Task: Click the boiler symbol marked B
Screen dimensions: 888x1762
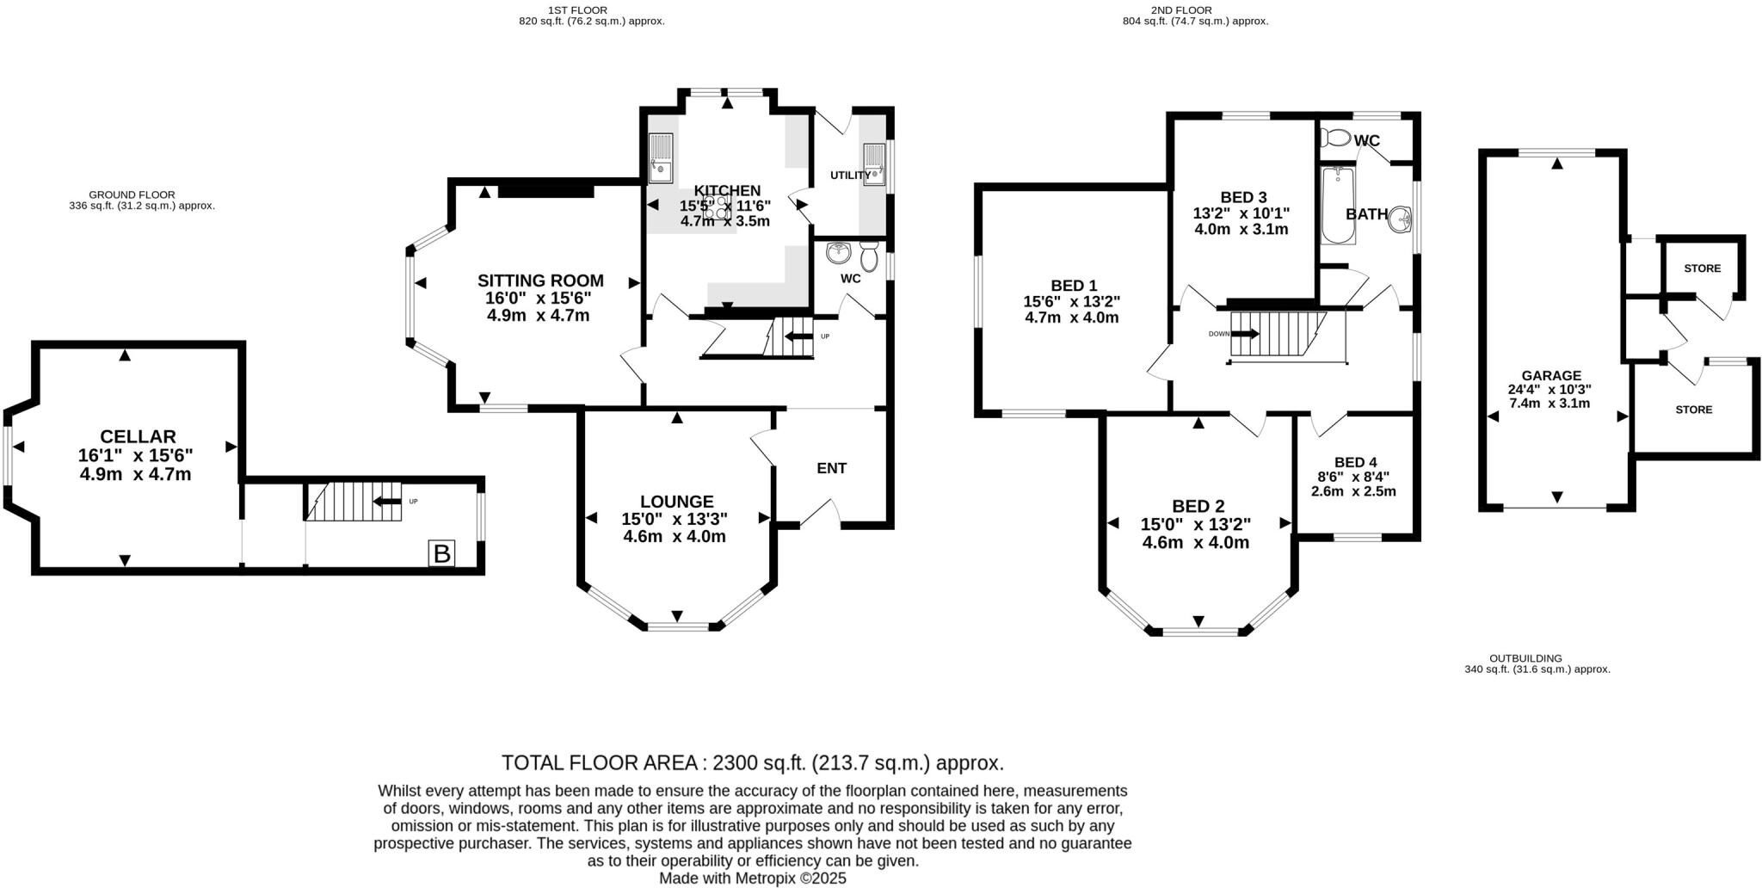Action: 442,553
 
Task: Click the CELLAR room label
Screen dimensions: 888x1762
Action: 138,437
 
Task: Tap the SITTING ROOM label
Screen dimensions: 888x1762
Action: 540,281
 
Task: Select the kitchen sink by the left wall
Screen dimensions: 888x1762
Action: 661,158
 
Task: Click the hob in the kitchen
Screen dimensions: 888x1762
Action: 716,205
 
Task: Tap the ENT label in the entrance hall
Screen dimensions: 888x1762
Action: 831,468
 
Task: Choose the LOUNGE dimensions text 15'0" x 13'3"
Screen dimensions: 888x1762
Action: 675,519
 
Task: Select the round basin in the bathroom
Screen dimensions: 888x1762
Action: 1401,220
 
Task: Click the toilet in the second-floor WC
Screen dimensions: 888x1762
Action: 1335,138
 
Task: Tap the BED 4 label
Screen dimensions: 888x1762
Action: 1354,462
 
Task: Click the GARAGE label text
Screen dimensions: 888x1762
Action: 1551,375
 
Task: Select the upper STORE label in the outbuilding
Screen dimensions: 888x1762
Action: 1702,268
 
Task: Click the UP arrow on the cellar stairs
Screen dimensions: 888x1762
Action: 388,502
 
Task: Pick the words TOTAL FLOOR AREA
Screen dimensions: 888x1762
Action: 600,762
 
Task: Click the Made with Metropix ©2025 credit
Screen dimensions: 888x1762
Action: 752,879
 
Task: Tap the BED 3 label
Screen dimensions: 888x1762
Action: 1243,197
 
